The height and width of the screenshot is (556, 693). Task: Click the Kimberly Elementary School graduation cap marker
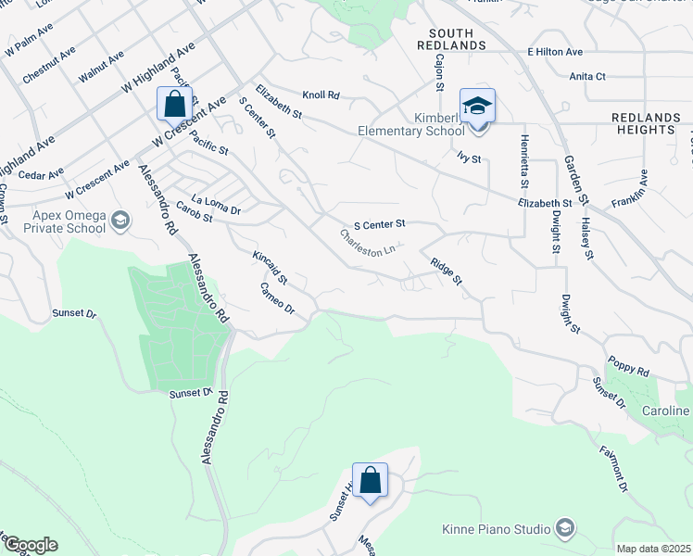(477, 106)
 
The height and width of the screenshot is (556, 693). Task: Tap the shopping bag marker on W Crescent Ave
(174, 104)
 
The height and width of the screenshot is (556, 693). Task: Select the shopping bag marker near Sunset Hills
(370, 480)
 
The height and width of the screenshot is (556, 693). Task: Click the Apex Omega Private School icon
(120, 221)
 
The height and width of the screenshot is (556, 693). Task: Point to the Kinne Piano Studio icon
(564, 529)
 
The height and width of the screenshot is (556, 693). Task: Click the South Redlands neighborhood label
(451, 39)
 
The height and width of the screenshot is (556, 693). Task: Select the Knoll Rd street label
(321, 95)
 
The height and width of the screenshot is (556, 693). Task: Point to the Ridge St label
(446, 272)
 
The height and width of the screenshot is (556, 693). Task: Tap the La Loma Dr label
(216, 205)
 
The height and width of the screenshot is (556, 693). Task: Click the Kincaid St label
(271, 266)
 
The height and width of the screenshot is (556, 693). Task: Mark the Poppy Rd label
(629, 366)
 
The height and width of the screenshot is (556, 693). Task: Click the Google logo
(30, 545)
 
